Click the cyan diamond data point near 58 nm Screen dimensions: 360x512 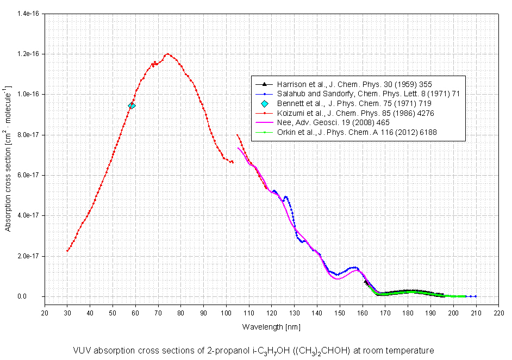(x=132, y=105)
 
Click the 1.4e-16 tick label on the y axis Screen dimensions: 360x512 (x=29, y=14)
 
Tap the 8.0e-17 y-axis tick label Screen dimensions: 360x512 (x=29, y=135)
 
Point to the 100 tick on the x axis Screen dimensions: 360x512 (x=226, y=313)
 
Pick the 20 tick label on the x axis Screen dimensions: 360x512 (x=45, y=313)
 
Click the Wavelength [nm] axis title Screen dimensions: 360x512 (x=271, y=327)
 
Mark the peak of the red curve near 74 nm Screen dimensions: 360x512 (x=167, y=54)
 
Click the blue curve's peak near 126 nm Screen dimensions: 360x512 (x=286, y=197)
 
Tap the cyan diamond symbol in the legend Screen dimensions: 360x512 (x=265, y=103)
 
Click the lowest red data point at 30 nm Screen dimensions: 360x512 (x=67, y=251)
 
